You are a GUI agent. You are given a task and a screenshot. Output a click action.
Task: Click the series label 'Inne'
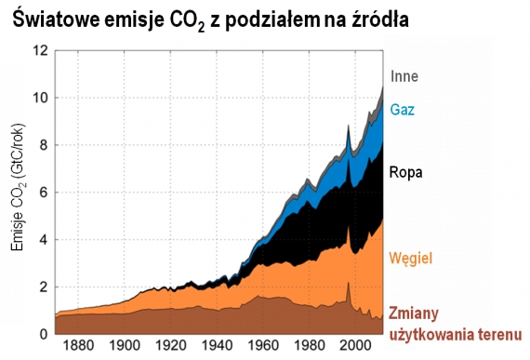tap(404, 76)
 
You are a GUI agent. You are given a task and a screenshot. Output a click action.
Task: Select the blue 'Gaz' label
tap(402, 109)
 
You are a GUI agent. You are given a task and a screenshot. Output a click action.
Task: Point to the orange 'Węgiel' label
tap(412, 257)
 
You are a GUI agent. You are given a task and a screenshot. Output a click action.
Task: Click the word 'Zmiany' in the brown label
tap(413, 312)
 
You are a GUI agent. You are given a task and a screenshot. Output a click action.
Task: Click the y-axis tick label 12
tap(39, 51)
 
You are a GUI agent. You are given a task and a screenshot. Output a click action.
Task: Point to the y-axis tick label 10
tap(39, 98)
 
